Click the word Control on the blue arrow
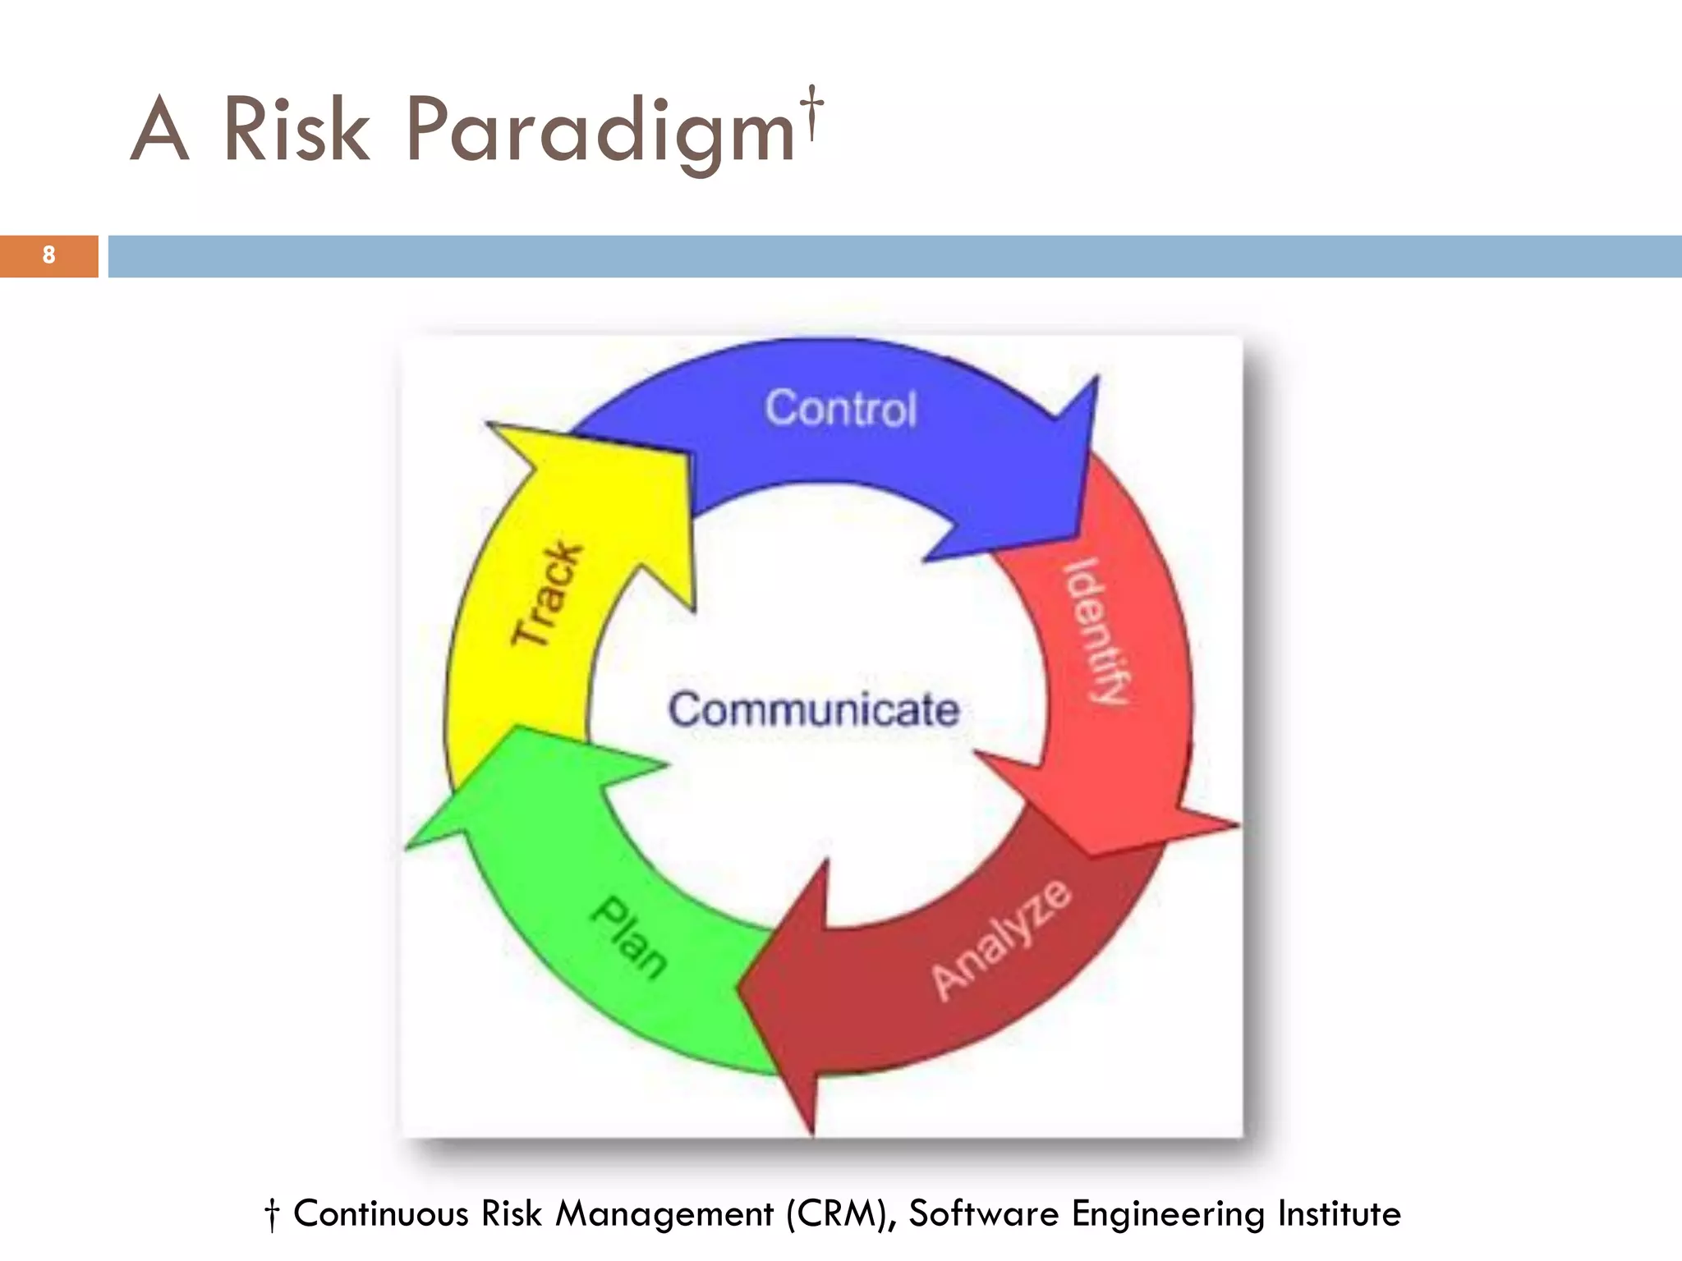840,408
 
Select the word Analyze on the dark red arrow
1001,939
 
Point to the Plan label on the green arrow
629,937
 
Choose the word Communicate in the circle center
813,709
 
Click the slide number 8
48,255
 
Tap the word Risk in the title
296,130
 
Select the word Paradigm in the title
600,131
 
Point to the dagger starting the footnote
272,1215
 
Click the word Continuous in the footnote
380,1213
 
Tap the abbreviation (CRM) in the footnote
841,1214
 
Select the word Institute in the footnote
1339,1213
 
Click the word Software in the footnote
983,1213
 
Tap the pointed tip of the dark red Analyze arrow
739,985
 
